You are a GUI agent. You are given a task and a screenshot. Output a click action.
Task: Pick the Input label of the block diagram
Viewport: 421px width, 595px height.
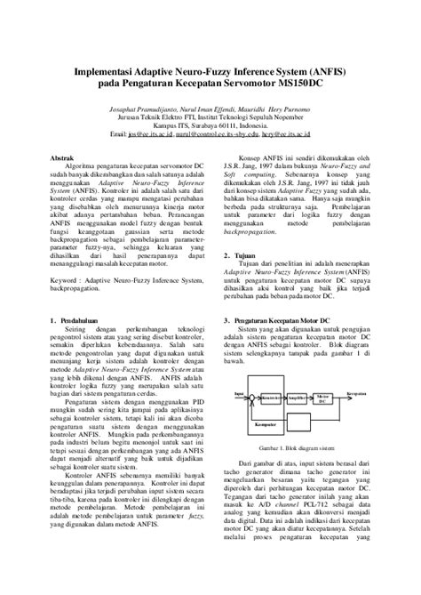pyautogui.click(x=238, y=391)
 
